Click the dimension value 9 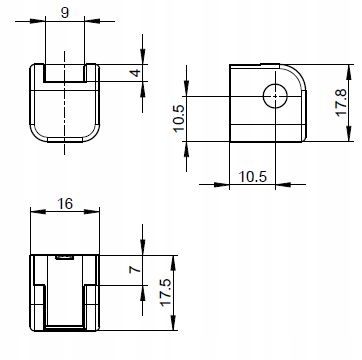click(x=65, y=13)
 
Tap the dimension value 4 click(x=136, y=72)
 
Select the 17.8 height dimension click(x=342, y=102)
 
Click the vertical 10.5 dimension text click(x=178, y=119)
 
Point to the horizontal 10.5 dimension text click(x=253, y=176)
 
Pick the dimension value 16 click(x=65, y=203)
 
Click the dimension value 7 click(x=135, y=269)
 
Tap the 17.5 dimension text click(x=165, y=292)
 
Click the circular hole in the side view click(x=275, y=96)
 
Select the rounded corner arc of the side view click(x=298, y=73)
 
